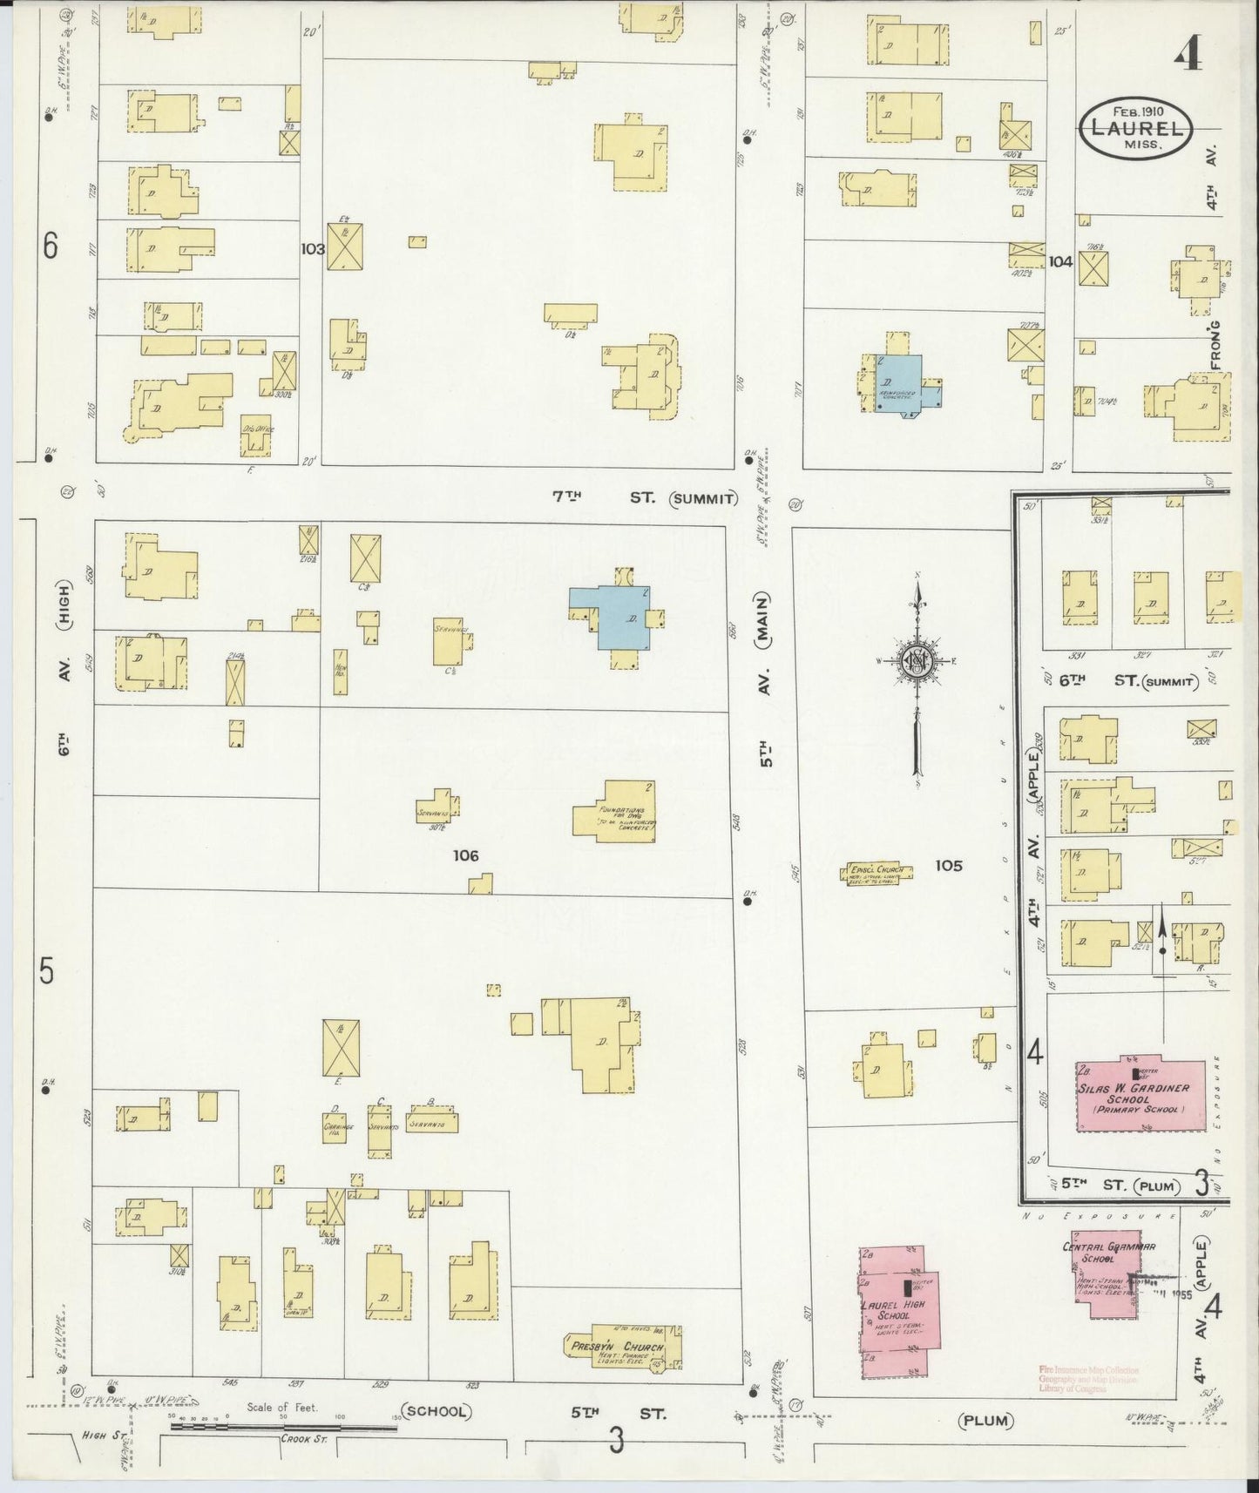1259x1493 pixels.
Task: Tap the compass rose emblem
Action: pos(917,659)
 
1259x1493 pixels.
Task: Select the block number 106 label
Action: pos(465,855)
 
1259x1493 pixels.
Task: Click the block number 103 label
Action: pos(312,248)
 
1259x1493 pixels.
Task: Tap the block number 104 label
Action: pos(1060,261)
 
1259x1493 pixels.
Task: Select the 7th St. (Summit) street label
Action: pos(645,498)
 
